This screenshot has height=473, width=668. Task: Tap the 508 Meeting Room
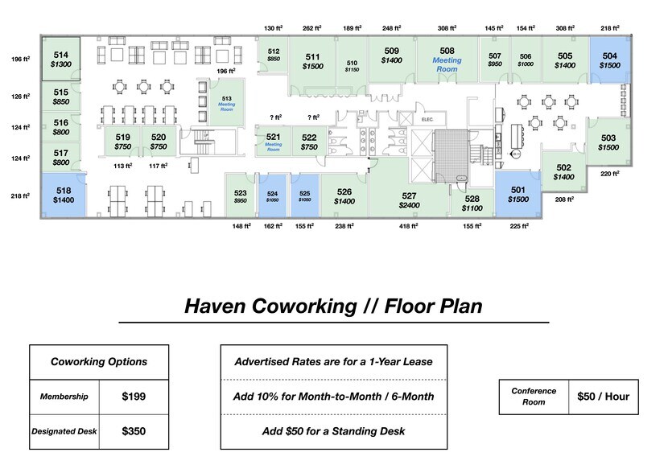447,60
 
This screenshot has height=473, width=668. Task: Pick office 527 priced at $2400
409,200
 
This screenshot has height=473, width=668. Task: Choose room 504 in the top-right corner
610,60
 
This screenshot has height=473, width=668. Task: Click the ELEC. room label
427,120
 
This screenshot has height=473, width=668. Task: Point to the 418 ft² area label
409,227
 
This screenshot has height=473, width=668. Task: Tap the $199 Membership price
134,397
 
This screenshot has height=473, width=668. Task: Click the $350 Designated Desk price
134,431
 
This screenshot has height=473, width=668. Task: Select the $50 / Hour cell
603,397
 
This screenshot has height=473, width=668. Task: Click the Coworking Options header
99,362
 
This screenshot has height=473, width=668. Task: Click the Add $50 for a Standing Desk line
333,431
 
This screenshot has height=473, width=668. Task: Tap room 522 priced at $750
309,142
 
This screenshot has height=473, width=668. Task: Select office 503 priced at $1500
608,142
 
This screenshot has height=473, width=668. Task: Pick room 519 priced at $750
122,142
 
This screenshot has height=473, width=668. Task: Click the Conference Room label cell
534,397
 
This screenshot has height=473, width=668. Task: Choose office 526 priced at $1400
344,195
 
